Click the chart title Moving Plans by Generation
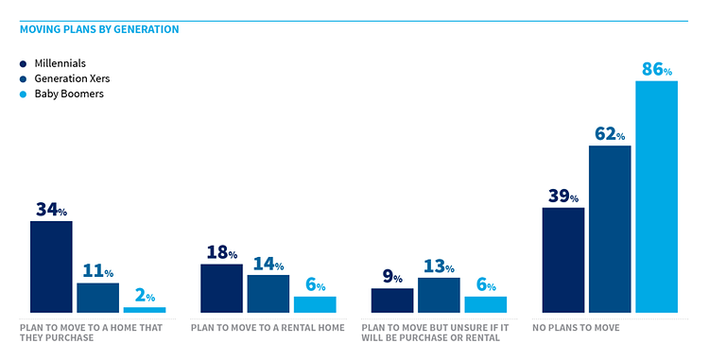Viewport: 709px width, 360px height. (x=99, y=29)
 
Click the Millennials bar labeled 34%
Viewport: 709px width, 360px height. (x=51, y=266)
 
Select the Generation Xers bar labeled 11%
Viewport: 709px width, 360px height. (x=97, y=298)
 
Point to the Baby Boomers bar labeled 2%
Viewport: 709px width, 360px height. (x=144, y=309)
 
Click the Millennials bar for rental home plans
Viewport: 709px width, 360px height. (x=221, y=288)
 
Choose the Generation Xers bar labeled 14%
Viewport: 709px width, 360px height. (x=268, y=293)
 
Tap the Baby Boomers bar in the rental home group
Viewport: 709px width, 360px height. (x=314, y=304)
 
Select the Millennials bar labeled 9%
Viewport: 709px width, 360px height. (x=391, y=300)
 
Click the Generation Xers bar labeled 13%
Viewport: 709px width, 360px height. (x=438, y=295)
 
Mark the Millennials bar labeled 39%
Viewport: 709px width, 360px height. (x=562, y=260)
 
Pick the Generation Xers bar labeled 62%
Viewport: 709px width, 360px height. (x=609, y=229)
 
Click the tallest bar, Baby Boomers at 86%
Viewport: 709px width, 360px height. (x=656, y=197)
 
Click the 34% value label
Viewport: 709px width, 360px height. (x=51, y=210)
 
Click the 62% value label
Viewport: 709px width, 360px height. (x=610, y=133)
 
